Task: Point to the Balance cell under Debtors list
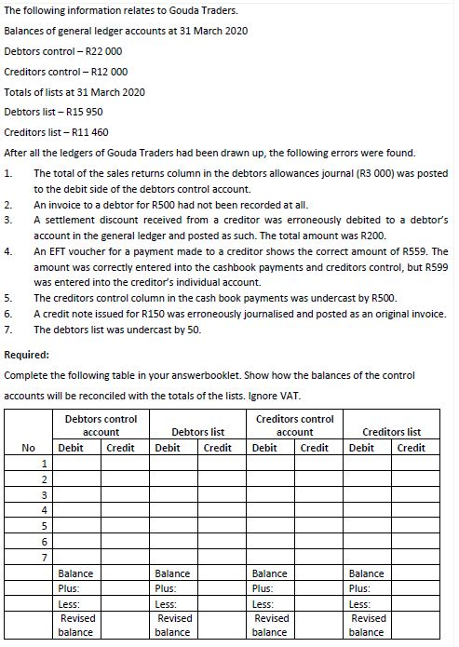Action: pyautogui.click(x=172, y=573)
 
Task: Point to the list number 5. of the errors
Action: pyautogui.click(x=9, y=298)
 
